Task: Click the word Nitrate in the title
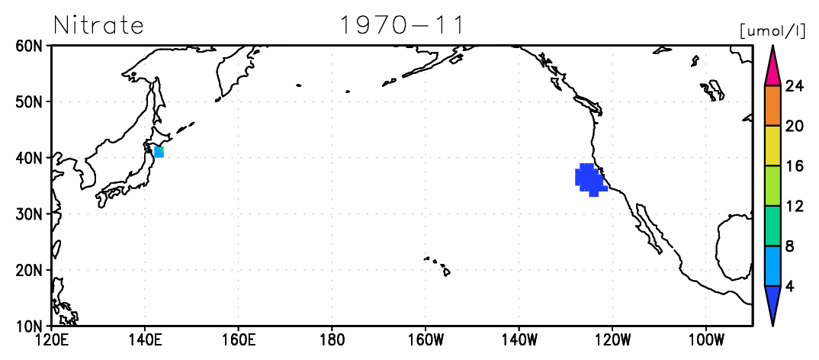pyautogui.click(x=98, y=24)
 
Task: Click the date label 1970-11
pyautogui.click(x=402, y=24)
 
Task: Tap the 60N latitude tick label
pyautogui.click(x=28, y=46)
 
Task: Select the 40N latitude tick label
pyautogui.click(x=28, y=157)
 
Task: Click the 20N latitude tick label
pyautogui.click(x=28, y=269)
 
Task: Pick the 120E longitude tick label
pyautogui.click(x=51, y=341)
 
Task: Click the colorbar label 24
pyautogui.click(x=795, y=86)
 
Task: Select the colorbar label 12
pyautogui.click(x=795, y=207)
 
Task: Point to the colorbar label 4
pyautogui.click(x=790, y=288)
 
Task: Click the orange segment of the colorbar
pyautogui.click(x=772, y=105)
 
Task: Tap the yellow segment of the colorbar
pyautogui.click(x=772, y=146)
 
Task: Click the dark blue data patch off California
pyautogui.click(x=589, y=179)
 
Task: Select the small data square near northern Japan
pyautogui.click(x=159, y=152)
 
